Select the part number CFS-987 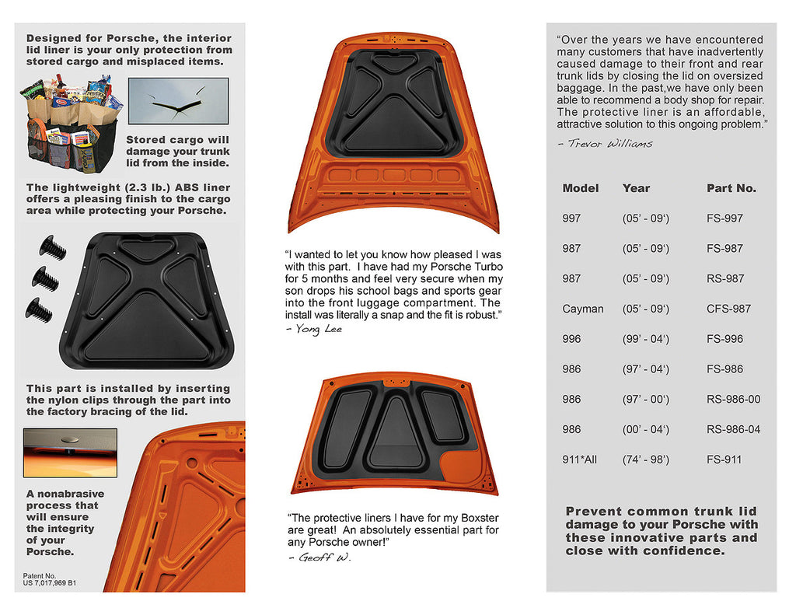coord(728,309)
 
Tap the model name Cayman coord(582,309)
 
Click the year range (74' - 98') coord(645,460)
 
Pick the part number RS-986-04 coord(733,429)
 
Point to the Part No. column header coord(731,188)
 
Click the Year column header coord(636,188)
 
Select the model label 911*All coord(579,460)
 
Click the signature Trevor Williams coord(605,143)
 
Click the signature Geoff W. coord(319,557)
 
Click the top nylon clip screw coord(52,248)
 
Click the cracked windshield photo coord(178,101)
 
